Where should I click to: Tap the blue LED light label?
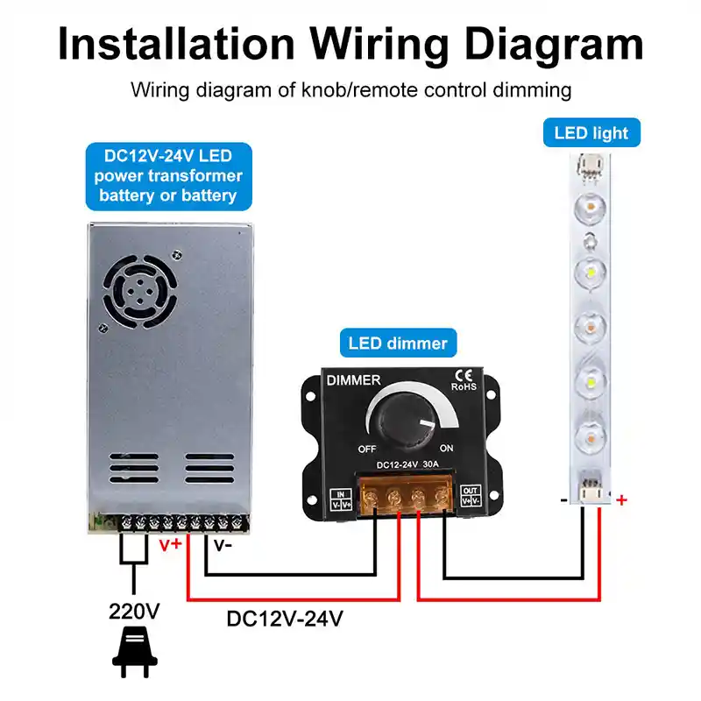[591, 133]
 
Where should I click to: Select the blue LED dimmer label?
[398, 343]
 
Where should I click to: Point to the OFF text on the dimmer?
[367, 449]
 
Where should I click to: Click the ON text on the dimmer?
[446, 448]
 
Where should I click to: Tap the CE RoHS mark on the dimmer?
[464, 380]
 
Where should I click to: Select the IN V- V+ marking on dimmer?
[341, 499]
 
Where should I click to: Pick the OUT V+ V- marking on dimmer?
[471, 495]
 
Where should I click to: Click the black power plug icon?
[134, 652]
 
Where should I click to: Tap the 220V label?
[134, 611]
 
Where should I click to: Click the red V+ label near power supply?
[170, 544]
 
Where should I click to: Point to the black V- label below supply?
[223, 545]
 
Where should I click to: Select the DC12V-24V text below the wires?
[285, 619]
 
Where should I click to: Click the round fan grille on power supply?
[140, 292]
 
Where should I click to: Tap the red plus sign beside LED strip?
[621, 499]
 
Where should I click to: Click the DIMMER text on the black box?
[353, 380]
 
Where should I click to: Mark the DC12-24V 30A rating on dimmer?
[407, 464]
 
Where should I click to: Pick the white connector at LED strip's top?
[590, 167]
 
